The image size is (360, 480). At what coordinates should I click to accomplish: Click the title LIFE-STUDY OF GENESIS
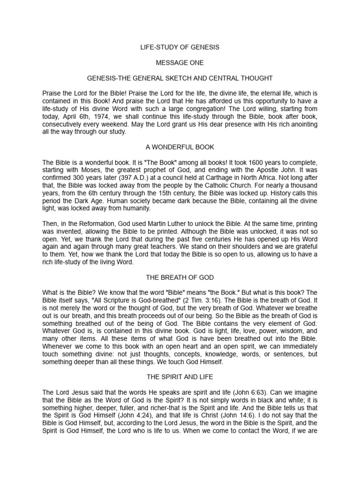180,47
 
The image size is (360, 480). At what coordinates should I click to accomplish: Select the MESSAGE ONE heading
180,62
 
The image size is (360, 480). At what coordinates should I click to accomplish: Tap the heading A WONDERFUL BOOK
180,147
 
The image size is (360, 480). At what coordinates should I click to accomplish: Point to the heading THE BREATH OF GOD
180,277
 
